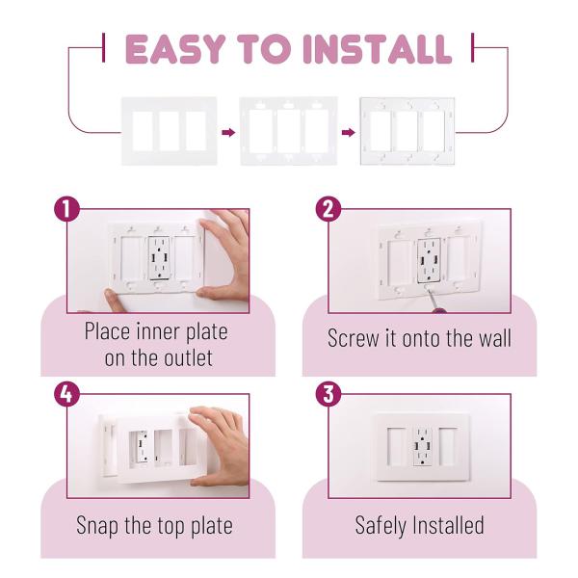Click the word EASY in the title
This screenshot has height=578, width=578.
click(175, 49)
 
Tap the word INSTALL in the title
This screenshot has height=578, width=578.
click(377, 49)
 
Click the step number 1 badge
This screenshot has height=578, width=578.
click(66, 209)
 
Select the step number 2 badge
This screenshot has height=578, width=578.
click(328, 209)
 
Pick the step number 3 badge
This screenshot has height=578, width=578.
click(328, 394)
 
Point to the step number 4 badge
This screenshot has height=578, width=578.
click(66, 394)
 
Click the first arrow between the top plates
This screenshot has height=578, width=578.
click(228, 132)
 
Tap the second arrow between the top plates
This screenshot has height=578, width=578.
click(349, 132)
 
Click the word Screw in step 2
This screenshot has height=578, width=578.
click(353, 338)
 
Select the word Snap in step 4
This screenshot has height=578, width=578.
click(97, 526)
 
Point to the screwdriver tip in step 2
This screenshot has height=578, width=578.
click(429, 290)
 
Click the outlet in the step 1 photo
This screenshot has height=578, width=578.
click(159, 258)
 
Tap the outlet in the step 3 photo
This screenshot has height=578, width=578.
click(423, 446)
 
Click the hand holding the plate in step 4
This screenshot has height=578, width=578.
click(220, 446)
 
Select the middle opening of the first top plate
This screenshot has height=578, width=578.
click(169, 131)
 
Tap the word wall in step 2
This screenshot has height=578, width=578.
click(495, 338)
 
